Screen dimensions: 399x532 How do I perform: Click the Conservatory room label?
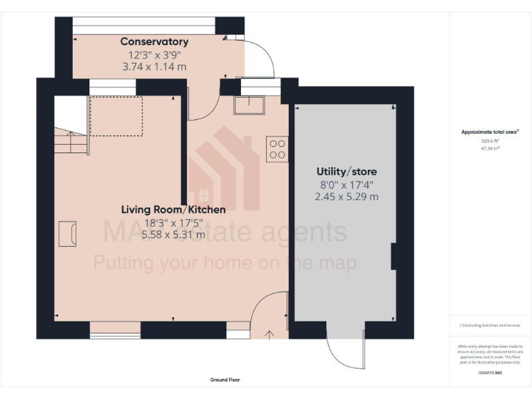(x=154, y=42)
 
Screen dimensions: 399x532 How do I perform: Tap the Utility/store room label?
(x=346, y=171)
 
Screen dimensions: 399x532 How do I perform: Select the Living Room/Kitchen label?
(x=173, y=209)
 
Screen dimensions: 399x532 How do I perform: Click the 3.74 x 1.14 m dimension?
(x=154, y=67)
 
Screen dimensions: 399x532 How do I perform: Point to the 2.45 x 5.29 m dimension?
(x=346, y=197)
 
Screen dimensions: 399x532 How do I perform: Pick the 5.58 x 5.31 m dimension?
(x=173, y=235)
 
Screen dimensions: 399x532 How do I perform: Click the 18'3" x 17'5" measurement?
(x=173, y=222)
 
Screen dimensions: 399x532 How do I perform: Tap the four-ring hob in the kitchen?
(x=277, y=150)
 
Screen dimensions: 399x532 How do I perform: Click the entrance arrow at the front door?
(x=269, y=335)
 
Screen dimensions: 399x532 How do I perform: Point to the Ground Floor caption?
(x=225, y=380)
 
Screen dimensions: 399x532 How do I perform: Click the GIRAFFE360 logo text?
(x=490, y=373)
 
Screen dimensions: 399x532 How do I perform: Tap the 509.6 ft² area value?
(x=490, y=141)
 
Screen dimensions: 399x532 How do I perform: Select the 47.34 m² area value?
(x=490, y=148)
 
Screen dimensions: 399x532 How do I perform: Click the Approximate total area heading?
(x=490, y=132)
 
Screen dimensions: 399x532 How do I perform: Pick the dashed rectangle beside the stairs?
(x=116, y=116)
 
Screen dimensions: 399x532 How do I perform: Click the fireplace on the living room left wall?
(x=67, y=233)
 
